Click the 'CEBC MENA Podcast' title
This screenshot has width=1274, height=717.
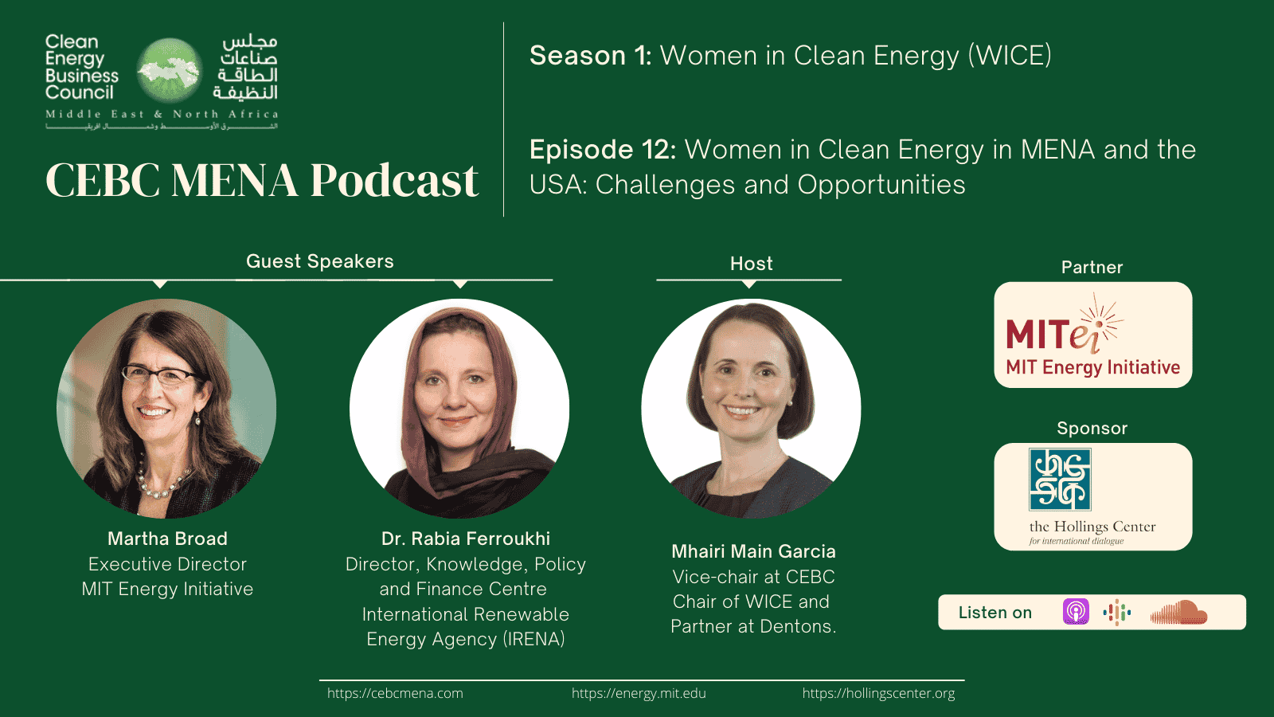pyautogui.click(x=262, y=180)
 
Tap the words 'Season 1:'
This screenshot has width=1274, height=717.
pyautogui.click(x=590, y=56)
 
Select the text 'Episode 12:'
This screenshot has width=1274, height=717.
pyautogui.click(x=603, y=150)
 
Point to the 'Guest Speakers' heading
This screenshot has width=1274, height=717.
pyautogui.click(x=320, y=261)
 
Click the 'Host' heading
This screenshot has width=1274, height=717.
pyautogui.click(x=752, y=264)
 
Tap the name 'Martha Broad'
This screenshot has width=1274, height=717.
pyautogui.click(x=167, y=539)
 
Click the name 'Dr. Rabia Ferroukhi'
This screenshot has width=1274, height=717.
pyautogui.click(x=466, y=539)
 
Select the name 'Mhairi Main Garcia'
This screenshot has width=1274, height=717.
pyautogui.click(x=753, y=551)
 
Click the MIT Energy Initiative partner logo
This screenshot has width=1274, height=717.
pyautogui.click(x=1092, y=335)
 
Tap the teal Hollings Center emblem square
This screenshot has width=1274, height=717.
pyautogui.click(x=1060, y=479)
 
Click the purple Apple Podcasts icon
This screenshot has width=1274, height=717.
pyautogui.click(x=1076, y=612)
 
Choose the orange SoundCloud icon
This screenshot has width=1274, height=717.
pyautogui.click(x=1179, y=612)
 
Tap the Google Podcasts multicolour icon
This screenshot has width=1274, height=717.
pyautogui.click(x=1117, y=612)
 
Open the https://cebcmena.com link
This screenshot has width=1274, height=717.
pyautogui.click(x=395, y=693)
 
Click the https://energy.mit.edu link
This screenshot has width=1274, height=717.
pyautogui.click(x=639, y=693)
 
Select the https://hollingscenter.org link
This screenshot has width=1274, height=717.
pyautogui.click(x=878, y=693)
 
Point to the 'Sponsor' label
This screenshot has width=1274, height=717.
pyautogui.click(x=1092, y=429)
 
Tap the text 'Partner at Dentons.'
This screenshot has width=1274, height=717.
pyautogui.click(x=753, y=626)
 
